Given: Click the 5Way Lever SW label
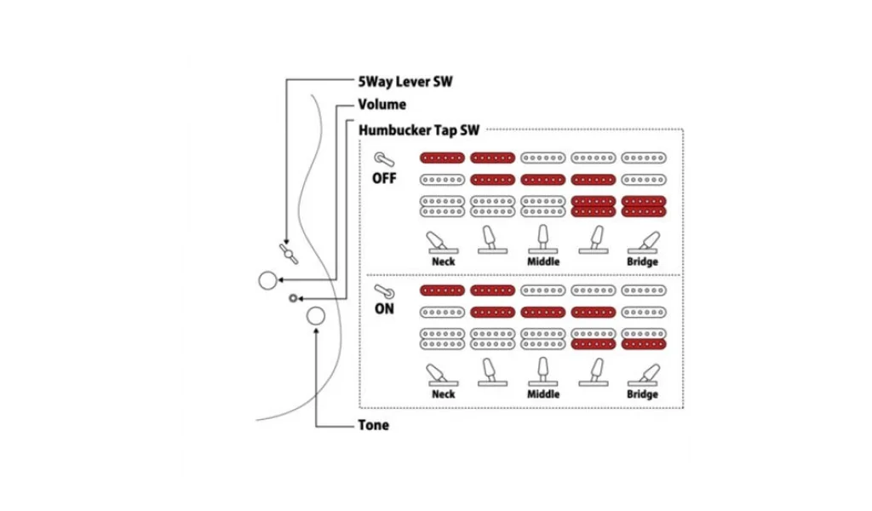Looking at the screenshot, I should (x=405, y=82).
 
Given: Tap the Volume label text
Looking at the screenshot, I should (x=382, y=105).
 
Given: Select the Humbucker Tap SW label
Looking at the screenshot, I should (x=419, y=130).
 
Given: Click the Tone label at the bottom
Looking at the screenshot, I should (x=373, y=425).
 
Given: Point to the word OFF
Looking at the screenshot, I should (x=385, y=179).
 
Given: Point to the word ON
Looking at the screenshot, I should (x=385, y=309).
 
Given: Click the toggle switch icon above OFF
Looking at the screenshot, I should (x=385, y=158).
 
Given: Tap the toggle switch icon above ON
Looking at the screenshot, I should (x=384, y=290).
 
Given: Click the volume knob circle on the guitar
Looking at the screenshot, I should (x=267, y=280).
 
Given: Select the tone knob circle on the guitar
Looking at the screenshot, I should (x=315, y=316).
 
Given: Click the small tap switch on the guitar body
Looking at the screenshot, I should (x=293, y=297).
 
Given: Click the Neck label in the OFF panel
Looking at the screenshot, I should (x=444, y=261).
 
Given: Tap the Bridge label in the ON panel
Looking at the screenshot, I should (x=642, y=394).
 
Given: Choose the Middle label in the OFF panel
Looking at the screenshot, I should (x=543, y=261).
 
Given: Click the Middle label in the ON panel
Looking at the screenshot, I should (x=543, y=394).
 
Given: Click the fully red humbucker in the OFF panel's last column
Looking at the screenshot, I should (x=643, y=206).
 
